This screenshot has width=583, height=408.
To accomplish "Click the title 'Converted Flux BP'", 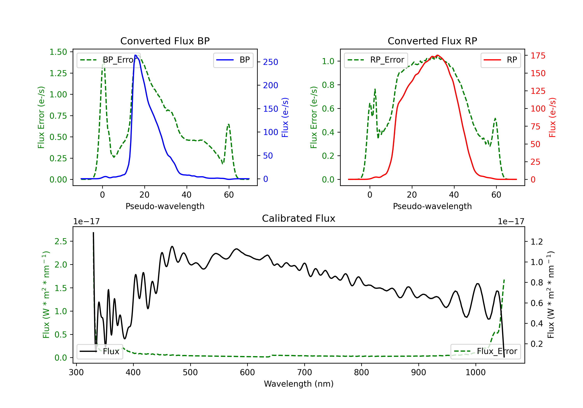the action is [x=165, y=41].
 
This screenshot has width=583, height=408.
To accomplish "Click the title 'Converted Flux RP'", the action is [x=432, y=41].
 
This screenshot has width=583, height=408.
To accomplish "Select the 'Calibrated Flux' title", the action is [x=299, y=218].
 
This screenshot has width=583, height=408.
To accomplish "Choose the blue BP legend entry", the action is [x=233, y=60].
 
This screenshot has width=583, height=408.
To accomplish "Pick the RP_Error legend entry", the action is [x=376, y=60].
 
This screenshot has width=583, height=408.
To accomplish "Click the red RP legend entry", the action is [x=500, y=60].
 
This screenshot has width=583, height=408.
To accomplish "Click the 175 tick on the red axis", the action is [x=538, y=56].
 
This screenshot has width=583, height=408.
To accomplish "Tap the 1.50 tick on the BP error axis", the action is [x=58, y=52].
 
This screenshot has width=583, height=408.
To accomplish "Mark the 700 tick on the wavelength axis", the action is [x=305, y=372].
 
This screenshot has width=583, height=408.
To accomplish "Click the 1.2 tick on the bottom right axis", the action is [x=537, y=242].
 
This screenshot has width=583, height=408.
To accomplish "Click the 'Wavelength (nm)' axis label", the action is [x=299, y=384].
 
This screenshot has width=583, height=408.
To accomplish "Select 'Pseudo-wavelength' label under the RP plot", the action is [x=432, y=206].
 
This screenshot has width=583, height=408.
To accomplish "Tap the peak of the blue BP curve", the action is [x=136, y=55].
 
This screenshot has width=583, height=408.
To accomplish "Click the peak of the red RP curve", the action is [x=437, y=55].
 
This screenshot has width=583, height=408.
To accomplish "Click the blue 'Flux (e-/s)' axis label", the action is [x=285, y=118].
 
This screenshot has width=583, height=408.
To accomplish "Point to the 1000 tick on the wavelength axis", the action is [x=475, y=372].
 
